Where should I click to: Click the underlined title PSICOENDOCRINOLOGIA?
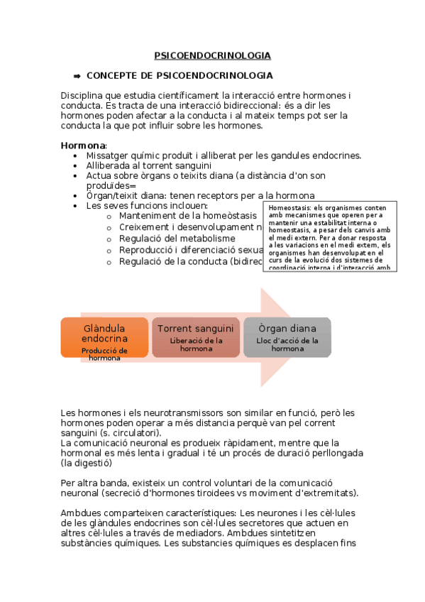tap(212, 55)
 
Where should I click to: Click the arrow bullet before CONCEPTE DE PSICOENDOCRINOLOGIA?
tap(77, 75)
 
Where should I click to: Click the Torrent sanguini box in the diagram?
tap(195, 337)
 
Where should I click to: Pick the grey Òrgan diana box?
tap(287, 337)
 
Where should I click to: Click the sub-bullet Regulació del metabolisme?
tap(177, 239)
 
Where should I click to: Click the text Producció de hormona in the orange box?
tap(104, 354)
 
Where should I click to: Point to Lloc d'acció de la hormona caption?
tap(287, 344)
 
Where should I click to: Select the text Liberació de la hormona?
tap(196, 344)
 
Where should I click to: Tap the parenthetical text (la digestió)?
tap(86, 463)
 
